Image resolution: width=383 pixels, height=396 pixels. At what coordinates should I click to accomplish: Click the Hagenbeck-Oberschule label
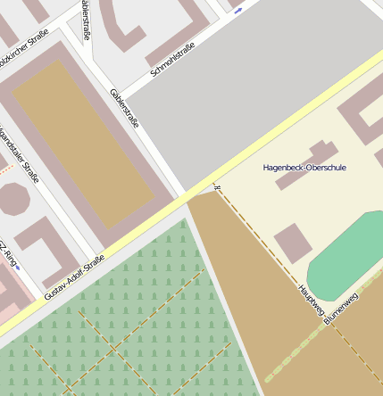(x=304, y=168)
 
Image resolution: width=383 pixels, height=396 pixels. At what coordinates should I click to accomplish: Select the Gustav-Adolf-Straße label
(x=74, y=276)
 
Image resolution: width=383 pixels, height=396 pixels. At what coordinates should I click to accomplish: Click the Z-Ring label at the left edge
(x=8, y=254)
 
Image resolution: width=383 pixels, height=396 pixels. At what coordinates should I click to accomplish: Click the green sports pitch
(x=344, y=255)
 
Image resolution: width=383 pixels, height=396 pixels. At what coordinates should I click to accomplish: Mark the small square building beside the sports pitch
(x=292, y=243)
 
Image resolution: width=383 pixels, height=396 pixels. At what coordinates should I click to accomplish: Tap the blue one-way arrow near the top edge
(x=238, y=10)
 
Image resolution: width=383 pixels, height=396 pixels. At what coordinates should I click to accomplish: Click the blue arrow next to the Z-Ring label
(x=19, y=268)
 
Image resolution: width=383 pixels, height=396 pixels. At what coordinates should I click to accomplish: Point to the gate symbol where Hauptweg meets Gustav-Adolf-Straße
(x=216, y=187)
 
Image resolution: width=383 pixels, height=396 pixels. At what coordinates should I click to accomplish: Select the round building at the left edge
(x=12, y=199)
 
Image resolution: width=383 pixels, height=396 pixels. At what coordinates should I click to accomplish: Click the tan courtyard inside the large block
(x=83, y=143)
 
